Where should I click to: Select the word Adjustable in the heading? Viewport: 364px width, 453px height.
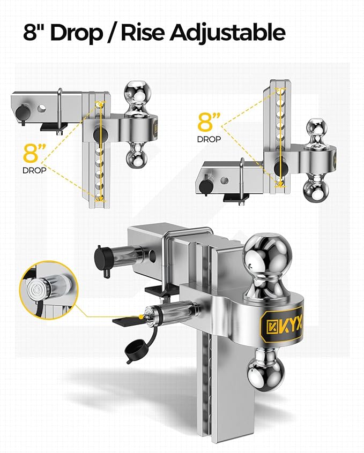227,33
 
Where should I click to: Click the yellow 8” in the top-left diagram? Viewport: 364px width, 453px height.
34,154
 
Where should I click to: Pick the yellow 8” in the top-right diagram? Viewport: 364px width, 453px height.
209,122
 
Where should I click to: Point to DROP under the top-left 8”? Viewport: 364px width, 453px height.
34,171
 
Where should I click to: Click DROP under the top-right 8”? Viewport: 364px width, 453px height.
209,138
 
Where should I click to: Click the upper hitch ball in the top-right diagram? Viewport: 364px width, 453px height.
317,130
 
